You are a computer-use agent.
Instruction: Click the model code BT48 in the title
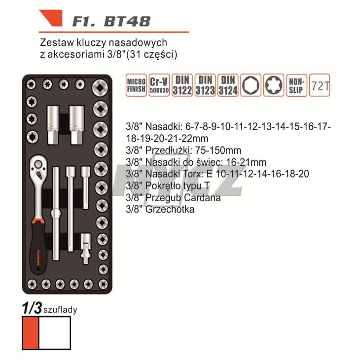pos(127,21)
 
